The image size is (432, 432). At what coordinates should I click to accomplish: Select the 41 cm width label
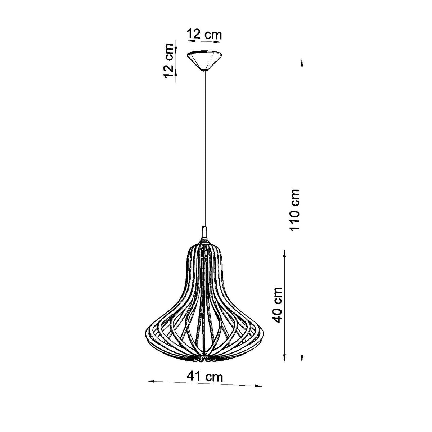[204, 377]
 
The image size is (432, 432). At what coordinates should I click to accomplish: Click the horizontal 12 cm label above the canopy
[204, 35]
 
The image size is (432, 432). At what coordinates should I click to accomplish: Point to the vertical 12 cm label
[168, 60]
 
